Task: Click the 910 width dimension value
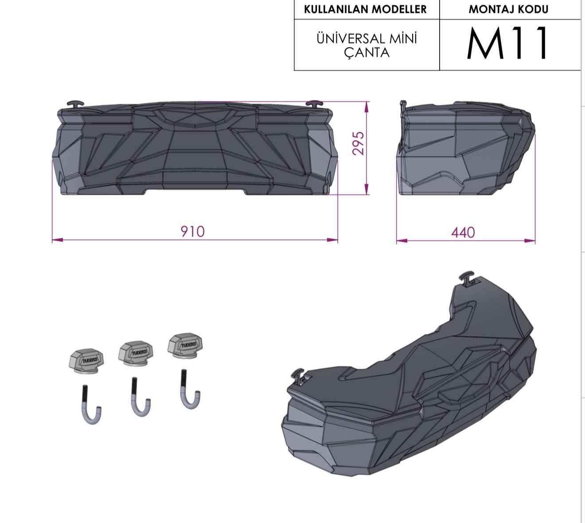pos(193,231)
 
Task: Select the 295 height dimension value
pos(359,143)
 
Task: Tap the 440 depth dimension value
pos(463,232)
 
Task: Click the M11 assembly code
pos(507,43)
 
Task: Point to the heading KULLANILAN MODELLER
pos(365,9)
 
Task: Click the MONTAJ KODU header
pos(508,9)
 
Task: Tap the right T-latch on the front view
pos(315,104)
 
